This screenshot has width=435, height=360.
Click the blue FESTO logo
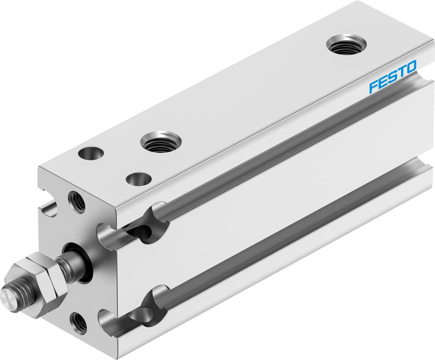393,76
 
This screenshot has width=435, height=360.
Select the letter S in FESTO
392,77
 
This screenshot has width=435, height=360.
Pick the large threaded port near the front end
161,143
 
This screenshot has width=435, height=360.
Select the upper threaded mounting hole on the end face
77,201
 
